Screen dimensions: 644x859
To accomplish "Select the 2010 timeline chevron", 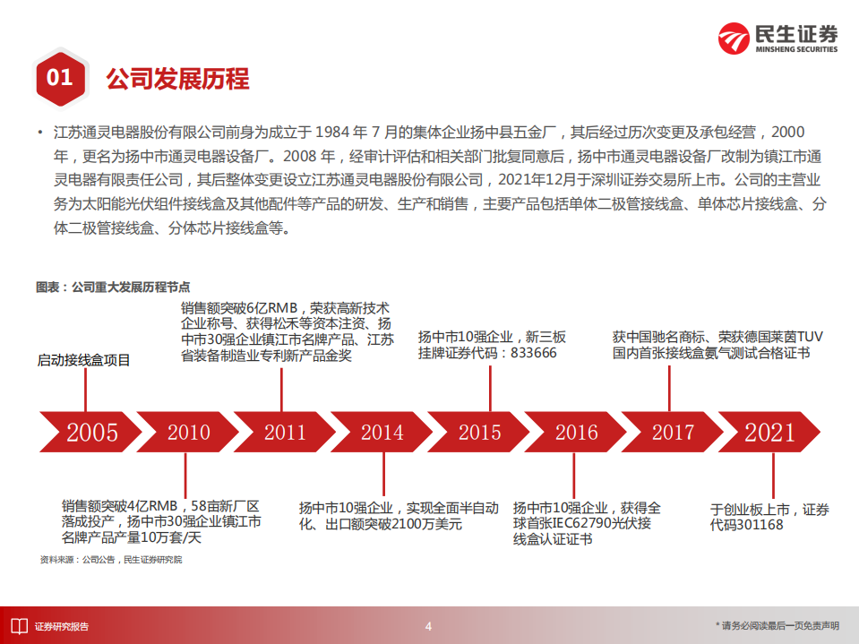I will pyautogui.click(x=188, y=433).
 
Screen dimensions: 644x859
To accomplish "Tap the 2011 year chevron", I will pyautogui.click(x=285, y=433).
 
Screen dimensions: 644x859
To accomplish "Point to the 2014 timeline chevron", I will pyautogui.click(x=382, y=433).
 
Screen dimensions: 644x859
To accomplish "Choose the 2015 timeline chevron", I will pyautogui.click(x=479, y=433).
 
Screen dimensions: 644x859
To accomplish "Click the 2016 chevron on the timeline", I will pyautogui.click(x=576, y=433).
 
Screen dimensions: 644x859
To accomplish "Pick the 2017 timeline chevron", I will pyautogui.click(x=673, y=433).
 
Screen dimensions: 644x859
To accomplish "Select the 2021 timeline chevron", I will pyautogui.click(x=770, y=433).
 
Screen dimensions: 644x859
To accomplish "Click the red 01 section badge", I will pyautogui.click(x=59, y=78).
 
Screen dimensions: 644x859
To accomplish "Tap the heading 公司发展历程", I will pyautogui.click(x=177, y=79).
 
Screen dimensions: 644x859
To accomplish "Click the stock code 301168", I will pyautogui.click(x=759, y=525).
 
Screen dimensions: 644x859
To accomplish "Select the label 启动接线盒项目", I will pyautogui.click(x=83, y=360).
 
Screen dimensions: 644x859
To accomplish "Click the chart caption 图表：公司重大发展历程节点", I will pyautogui.click(x=113, y=288).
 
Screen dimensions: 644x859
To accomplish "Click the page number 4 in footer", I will pyautogui.click(x=428, y=626).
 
